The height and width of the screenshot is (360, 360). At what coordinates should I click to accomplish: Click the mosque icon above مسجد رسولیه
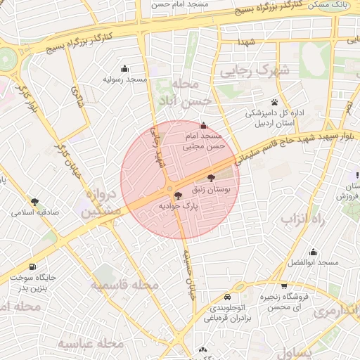tap(125, 68)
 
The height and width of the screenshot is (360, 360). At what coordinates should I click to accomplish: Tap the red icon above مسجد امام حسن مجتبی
tap(205, 124)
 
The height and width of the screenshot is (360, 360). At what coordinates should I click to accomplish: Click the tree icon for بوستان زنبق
tap(212, 179)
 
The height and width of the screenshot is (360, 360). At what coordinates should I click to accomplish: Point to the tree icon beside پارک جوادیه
tap(177, 195)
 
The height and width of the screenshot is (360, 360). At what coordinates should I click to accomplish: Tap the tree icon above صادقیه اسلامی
tap(35, 202)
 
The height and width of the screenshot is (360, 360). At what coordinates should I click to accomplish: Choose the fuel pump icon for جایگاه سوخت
tap(33, 266)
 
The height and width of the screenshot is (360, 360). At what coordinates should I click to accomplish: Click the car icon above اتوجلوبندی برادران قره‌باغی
tap(226, 297)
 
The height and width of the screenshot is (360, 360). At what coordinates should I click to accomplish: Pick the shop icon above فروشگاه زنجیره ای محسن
tap(283, 286)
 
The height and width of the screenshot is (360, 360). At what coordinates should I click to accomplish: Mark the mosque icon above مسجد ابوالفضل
tap(314, 252)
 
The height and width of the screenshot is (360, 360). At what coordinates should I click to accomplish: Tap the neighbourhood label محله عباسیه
tap(91, 343)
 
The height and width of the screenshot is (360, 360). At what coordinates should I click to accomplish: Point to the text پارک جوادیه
tap(179, 207)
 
